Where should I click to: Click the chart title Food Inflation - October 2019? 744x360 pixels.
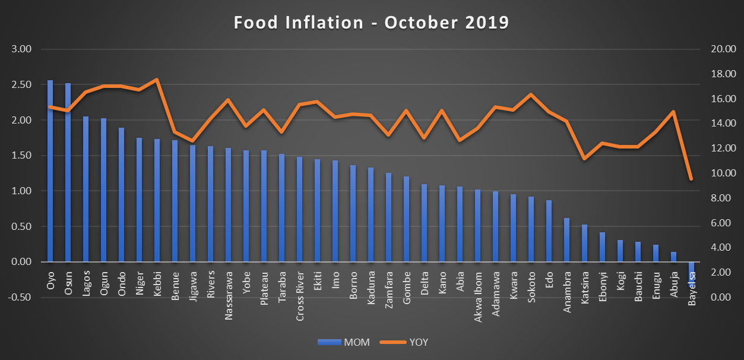pos(371,23)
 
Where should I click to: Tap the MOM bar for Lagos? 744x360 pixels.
pos(86,189)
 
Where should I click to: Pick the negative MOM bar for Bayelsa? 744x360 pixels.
pos(691,271)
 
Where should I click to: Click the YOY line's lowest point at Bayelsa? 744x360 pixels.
pos(691,179)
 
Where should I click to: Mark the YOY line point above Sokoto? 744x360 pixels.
pos(531,94)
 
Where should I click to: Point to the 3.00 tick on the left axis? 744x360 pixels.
pos(22,49)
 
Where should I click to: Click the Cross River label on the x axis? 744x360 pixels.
pos(300,297)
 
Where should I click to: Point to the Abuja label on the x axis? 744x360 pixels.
pos(673,286)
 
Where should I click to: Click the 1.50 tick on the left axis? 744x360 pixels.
pos(22,156)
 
